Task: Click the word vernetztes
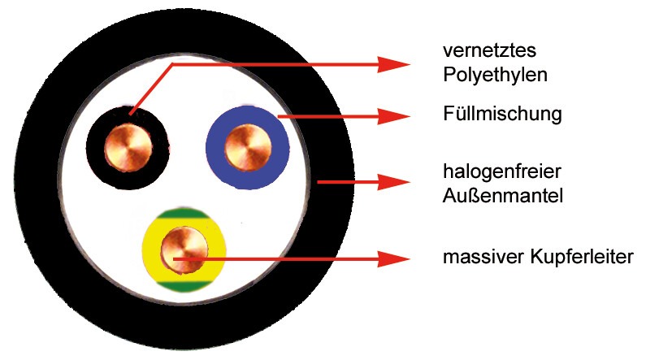pyautogui.click(x=489, y=50)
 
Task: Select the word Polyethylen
pyautogui.click(x=495, y=76)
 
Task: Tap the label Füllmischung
pyautogui.click(x=502, y=114)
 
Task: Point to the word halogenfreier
pyautogui.click(x=502, y=171)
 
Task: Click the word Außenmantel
pyautogui.click(x=503, y=196)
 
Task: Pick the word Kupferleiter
pyautogui.click(x=582, y=257)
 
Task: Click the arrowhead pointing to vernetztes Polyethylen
pyautogui.click(x=394, y=65)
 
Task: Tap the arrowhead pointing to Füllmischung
pyautogui.click(x=394, y=116)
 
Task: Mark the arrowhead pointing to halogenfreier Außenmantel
pyautogui.click(x=394, y=182)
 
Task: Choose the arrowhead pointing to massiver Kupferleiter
pyautogui.click(x=394, y=259)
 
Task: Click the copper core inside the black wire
pyautogui.click(x=128, y=148)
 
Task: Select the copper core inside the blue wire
pyautogui.click(x=248, y=148)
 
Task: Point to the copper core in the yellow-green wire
pyautogui.click(x=184, y=250)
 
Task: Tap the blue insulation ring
pyautogui.click(x=215, y=148)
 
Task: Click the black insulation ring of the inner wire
pyautogui.click(x=95, y=148)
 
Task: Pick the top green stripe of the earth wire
pyautogui.click(x=184, y=214)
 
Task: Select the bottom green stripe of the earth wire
pyautogui.click(x=184, y=287)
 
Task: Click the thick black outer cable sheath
pyautogui.click(x=38, y=180)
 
